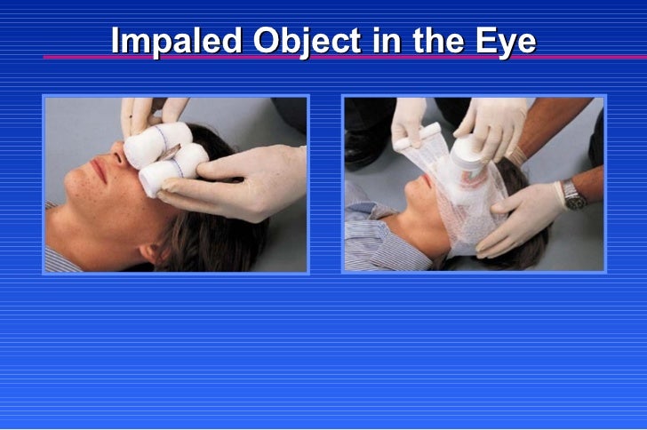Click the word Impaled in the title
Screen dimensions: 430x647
click(176, 41)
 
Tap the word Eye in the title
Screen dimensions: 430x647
click(508, 41)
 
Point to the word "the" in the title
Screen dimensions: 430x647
click(442, 41)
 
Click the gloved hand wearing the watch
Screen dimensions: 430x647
click(529, 213)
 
